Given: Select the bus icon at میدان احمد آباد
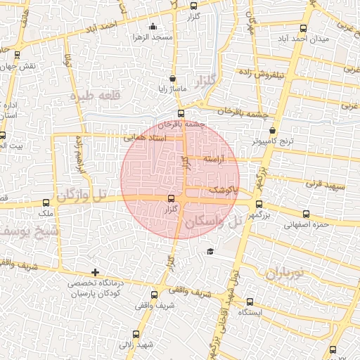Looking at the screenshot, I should coord(303,29).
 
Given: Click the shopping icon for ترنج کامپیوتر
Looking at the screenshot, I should coord(273,129).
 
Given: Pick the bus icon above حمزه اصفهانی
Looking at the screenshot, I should coord(306,214).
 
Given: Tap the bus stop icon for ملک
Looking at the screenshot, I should coord(49,201).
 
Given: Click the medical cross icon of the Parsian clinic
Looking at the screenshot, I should coord(96,271).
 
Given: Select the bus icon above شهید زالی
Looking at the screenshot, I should coord(136,334).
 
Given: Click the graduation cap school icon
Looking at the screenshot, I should coord(210,251).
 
